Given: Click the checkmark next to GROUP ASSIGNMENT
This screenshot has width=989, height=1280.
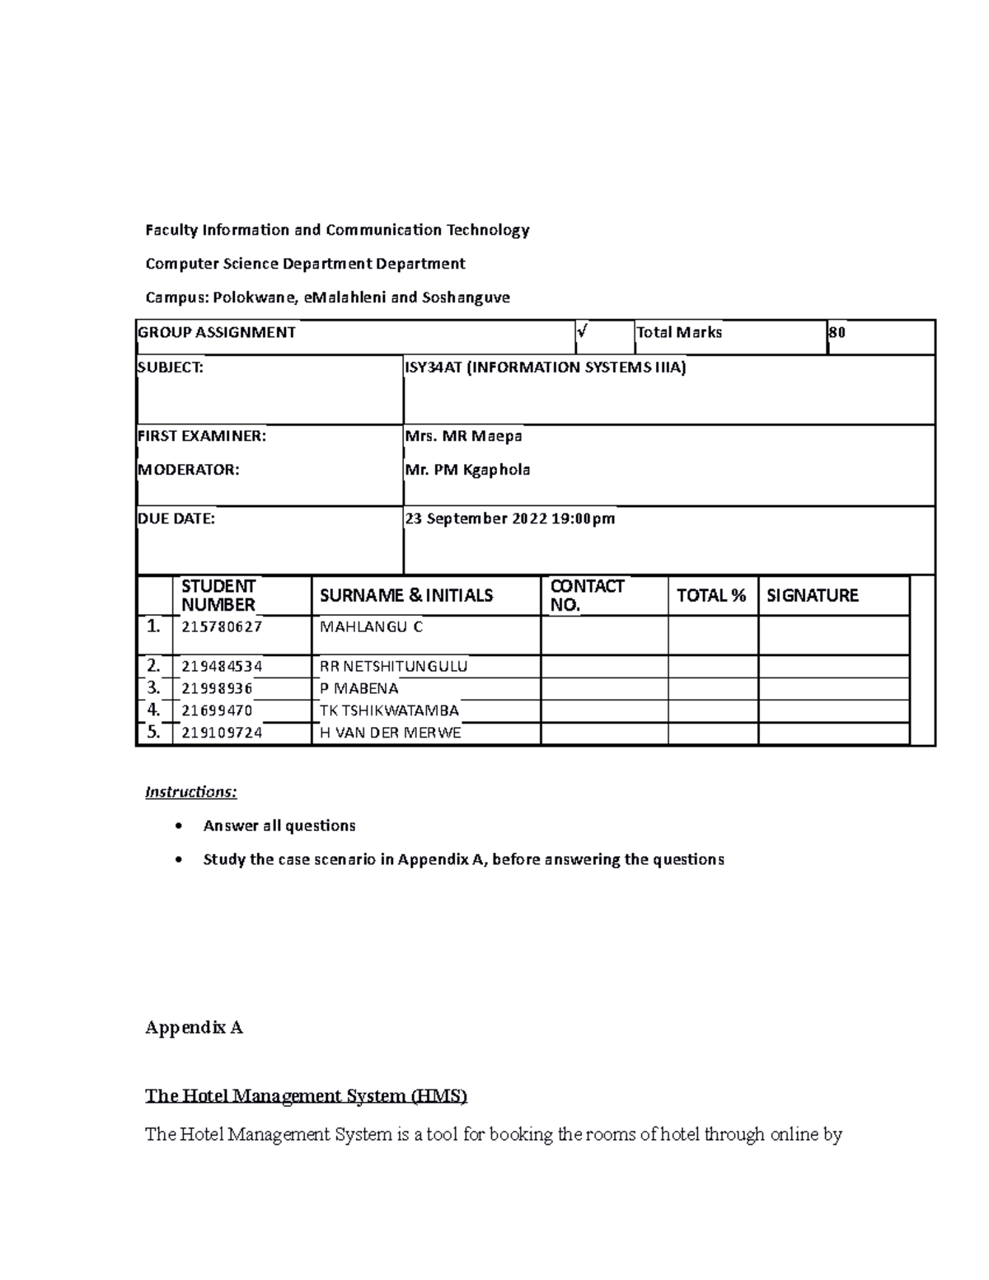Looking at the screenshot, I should coord(583,331).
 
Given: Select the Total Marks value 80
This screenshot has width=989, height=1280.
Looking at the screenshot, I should coord(837,332).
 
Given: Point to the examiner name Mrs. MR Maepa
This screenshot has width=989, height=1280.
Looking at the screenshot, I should coord(463,436).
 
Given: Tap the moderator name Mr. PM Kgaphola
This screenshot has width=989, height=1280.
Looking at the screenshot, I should coord(467,470).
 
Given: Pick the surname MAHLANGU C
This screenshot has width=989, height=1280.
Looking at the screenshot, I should coord(371,626).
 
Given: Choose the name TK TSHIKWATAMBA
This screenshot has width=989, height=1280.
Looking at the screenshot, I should coord(389,710).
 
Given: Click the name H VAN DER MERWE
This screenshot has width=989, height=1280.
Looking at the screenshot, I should coord(390,733).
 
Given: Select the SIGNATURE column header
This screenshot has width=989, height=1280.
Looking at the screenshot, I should coord(813,595).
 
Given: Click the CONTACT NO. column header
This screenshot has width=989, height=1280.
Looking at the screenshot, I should coord(587,595).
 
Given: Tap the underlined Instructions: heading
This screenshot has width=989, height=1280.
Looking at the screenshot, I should coord(191,792).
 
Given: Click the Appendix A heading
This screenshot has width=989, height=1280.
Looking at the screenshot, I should coord(194,1028).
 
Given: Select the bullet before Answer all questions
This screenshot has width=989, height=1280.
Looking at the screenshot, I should coord(177,826).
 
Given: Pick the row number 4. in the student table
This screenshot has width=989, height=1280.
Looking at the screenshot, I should coord(153,710).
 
